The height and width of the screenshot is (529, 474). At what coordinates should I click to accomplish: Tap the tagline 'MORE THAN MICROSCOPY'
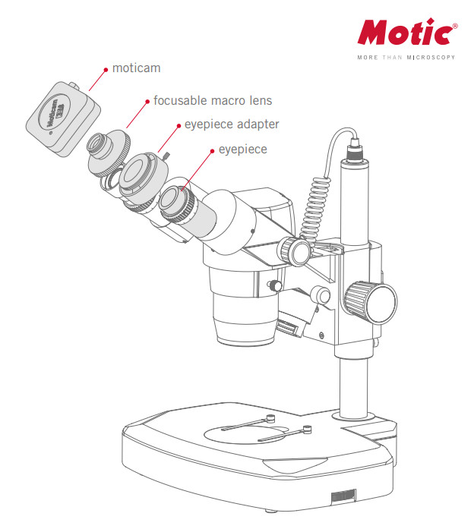[x=406, y=58]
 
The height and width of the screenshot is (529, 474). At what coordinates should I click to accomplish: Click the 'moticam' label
[x=137, y=68]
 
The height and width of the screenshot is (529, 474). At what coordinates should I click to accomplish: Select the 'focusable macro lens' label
[x=213, y=100]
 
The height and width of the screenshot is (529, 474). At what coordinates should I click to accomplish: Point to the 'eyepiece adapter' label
[x=232, y=124]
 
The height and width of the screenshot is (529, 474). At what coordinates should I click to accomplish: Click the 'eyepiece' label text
[x=243, y=149]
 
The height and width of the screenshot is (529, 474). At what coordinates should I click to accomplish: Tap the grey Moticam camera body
[x=63, y=118]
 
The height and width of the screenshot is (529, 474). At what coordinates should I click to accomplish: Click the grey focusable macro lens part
[x=109, y=153]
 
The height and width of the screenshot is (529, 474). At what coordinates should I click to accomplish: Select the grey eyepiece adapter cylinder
[x=144, y=177]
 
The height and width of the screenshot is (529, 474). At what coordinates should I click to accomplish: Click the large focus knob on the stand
[x=371, y=302]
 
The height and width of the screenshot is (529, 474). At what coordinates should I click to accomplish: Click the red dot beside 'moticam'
[x=106, y=70]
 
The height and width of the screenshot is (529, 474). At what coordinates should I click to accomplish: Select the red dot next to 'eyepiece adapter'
[x=179, y=126]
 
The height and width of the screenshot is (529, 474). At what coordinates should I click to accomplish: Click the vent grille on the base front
[x=343, y=496]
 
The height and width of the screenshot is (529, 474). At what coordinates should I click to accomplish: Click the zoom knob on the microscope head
[x=294, y=251]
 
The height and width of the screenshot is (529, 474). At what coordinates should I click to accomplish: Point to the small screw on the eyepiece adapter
[x=166, y=156]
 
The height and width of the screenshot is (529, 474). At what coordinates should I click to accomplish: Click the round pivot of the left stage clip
[x=270, y=418]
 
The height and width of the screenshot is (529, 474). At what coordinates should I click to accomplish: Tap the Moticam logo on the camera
[x=54, y=114]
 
